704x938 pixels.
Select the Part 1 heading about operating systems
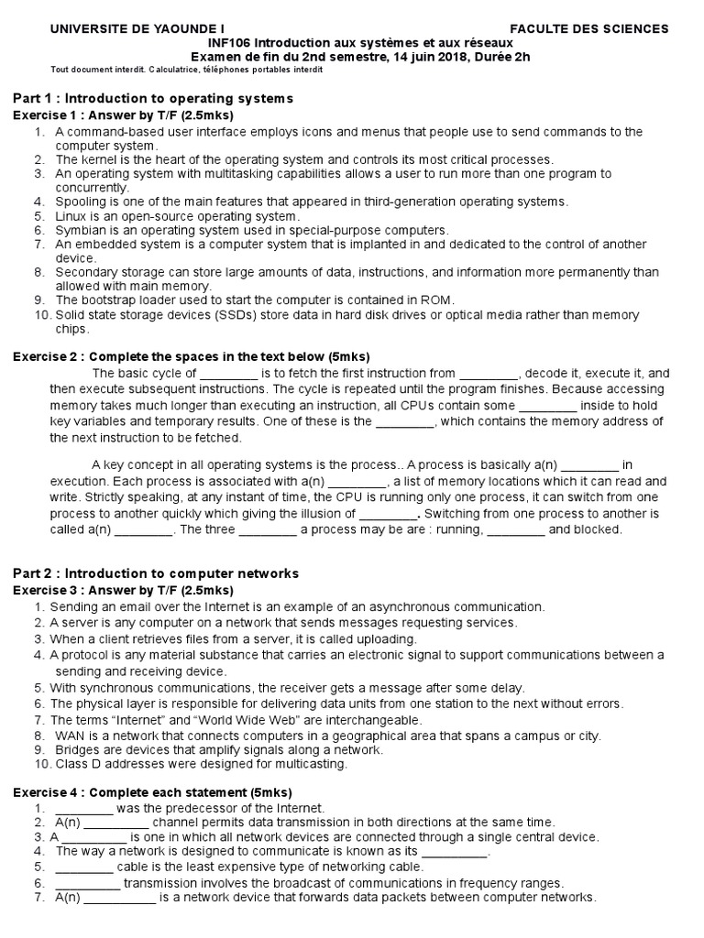click(x=153, y=98)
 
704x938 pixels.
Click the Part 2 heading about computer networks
click(x=156, y=573)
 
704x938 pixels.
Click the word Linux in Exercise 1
click(x=71, y=216)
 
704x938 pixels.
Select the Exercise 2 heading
click(x=191, y=356)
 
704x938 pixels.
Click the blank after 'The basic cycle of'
click(x=228, y=374)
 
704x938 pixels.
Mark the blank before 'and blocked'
click(x=516, y=529)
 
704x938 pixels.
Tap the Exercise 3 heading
click(x=123, y=590)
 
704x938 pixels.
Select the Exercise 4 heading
click(x=151, y=792)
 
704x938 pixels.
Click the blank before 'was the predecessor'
click(x=83, y=809)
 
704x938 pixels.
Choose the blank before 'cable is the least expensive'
click(x=83, y=867)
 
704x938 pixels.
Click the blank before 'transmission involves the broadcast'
click(x=87, y=884)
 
